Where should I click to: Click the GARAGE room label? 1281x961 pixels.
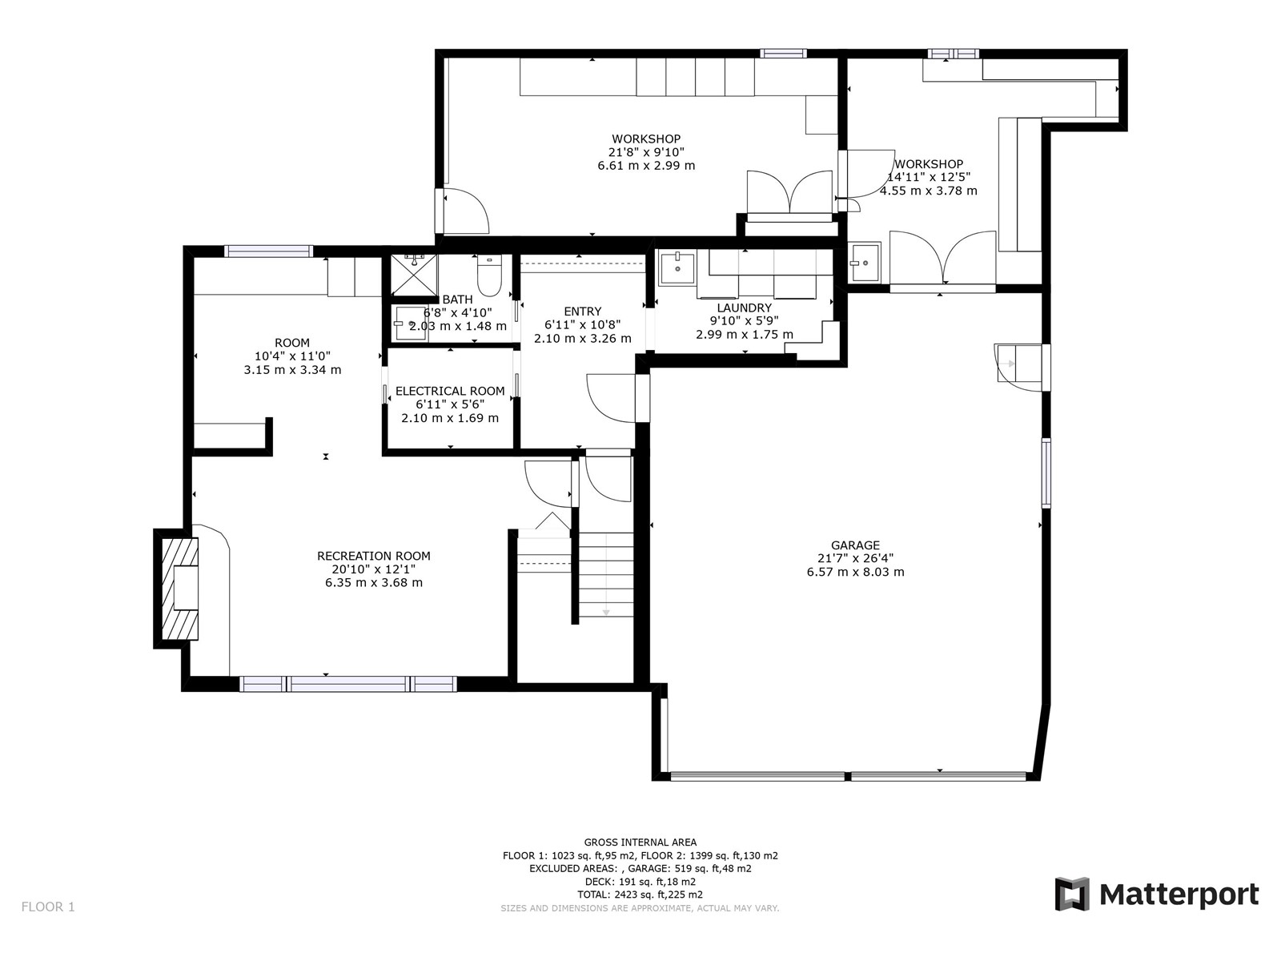pyautogui.click(x=855, y=545)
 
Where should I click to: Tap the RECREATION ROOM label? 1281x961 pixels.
pyautogui.click(x=374, y=556)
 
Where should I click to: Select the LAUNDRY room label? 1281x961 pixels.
pyautogui.click(x=744, y=308)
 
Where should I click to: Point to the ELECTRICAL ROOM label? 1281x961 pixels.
pyautogui.click(x=450, y=391)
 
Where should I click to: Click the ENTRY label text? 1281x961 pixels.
pyautogui.click(x=582, y=312)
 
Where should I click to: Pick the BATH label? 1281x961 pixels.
pyautogui.click(x=457, y=300)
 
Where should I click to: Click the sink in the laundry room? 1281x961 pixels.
pyautogui.click(x=677, y=269)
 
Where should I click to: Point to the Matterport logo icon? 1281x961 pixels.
pyautogui.click(x=1072, y=893)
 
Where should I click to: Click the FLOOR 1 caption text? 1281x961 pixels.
pyautogui.click(x=48, y=907)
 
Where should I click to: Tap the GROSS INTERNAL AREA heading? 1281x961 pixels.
pyautogui.click(x=640, y=842)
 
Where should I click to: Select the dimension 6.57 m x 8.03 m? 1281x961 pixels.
pyautogui.click(x=856, y=572)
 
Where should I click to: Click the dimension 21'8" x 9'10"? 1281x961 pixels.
pyautogui.click(x=646, y=152)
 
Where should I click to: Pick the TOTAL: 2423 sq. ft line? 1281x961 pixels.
pyautogui.click(x=640, y=895)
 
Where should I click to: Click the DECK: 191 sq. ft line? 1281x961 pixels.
pyautogui.click(x=640, y=882)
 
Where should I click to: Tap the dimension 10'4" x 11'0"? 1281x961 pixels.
pyautogui.click(x=292, y=356)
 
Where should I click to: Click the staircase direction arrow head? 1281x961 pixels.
pyautogui.click(x=606, y=612)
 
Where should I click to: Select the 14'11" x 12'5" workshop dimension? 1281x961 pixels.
pyautogui.click(x=929, y=177)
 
